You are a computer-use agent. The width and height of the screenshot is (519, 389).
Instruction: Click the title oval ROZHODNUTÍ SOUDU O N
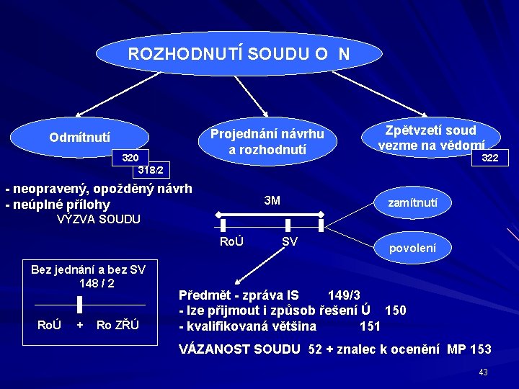[239, 53]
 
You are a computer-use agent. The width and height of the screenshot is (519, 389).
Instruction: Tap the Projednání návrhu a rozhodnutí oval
[267, 141]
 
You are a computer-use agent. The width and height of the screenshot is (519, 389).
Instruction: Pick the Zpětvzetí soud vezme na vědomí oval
[430, 136]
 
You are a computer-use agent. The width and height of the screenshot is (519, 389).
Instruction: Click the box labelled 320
[130, 158]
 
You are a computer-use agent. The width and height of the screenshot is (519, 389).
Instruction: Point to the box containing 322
[489, 158]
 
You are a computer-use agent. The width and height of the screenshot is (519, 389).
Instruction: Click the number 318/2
[151, 171]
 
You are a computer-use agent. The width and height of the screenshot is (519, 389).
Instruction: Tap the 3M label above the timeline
[272, 200]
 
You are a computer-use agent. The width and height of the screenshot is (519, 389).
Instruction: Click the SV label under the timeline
[290, 241]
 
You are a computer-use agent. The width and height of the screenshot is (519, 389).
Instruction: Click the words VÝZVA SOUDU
[98, 219]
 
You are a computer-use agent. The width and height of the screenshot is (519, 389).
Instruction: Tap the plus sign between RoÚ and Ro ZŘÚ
[79, 325]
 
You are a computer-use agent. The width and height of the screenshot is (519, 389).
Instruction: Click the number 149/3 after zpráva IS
[344, 295]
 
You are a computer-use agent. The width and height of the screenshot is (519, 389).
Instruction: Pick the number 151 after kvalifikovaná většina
[370, 326]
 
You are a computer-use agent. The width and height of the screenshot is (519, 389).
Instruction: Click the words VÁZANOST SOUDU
[239, 349]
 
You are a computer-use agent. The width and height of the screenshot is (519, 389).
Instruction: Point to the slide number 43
[483, 372]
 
